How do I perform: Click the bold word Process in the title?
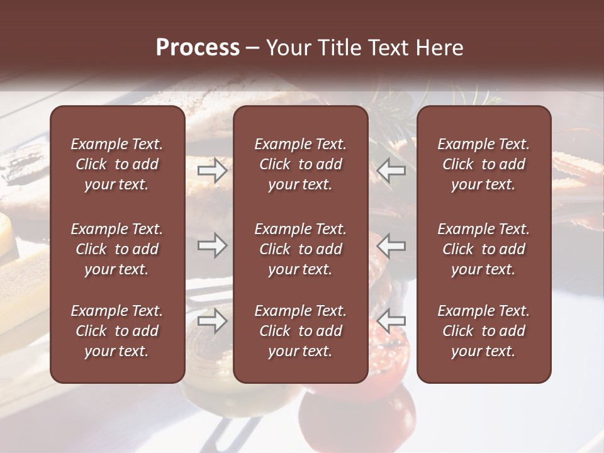click(x=198, y=48)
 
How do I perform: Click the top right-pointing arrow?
click(x=213, y=171)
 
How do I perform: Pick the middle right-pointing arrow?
click(x=213, y=246)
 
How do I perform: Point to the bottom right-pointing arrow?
click(x=213, y=322)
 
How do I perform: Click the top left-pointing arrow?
click(x=391, y=171)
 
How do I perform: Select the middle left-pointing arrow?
click(x=391, y=246)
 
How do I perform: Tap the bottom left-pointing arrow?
click(x=391, y=322)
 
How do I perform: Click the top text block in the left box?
click(x=117, y=164)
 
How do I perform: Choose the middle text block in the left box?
click(x=117, y=249)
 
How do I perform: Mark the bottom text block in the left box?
click(x=117, y=331)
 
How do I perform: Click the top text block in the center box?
click(x=301, y=164)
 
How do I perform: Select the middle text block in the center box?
click(x=301, y=249)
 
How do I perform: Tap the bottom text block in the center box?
click(x=301, y=331)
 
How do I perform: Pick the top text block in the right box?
click(x=484, y=164)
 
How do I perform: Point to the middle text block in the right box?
click(x=484, y=249)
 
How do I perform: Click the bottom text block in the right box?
click(x=484, y=331)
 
